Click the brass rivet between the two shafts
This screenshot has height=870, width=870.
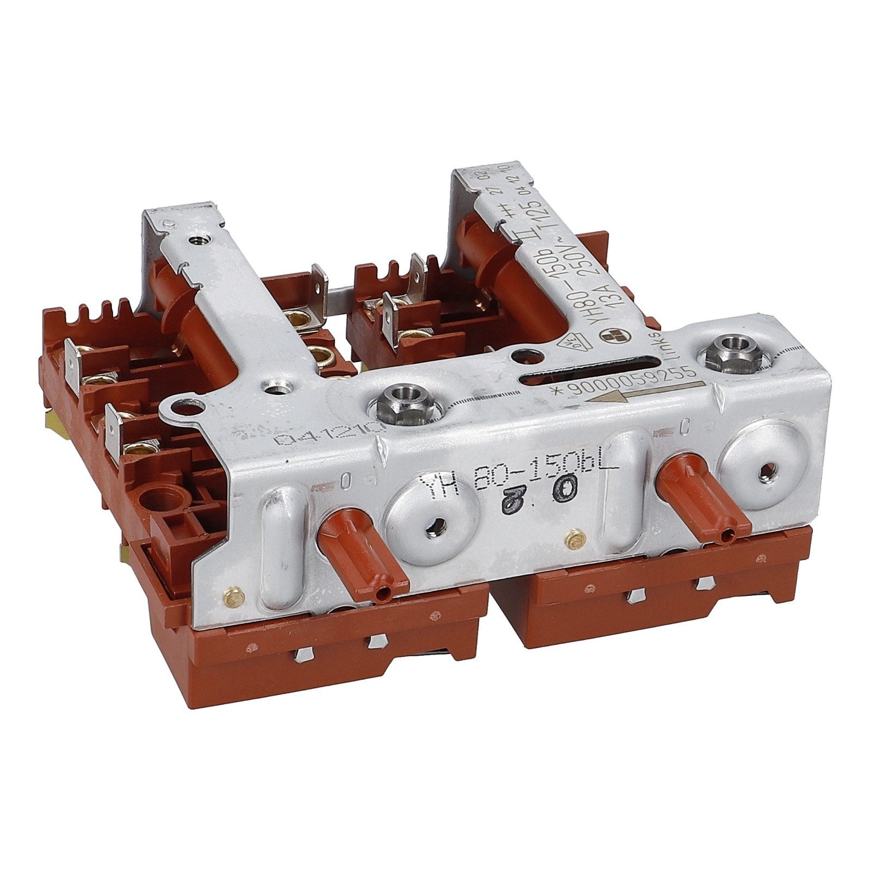click(x=573, y=538)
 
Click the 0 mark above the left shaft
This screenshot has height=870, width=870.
click(x=345, y=480)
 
